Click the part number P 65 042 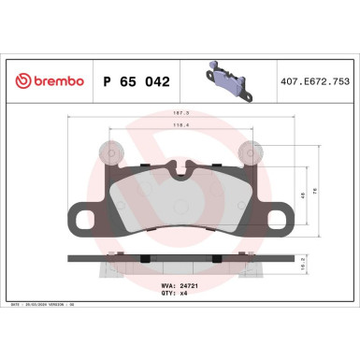[x=134, y=81]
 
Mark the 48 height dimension [x=301, y=196]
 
